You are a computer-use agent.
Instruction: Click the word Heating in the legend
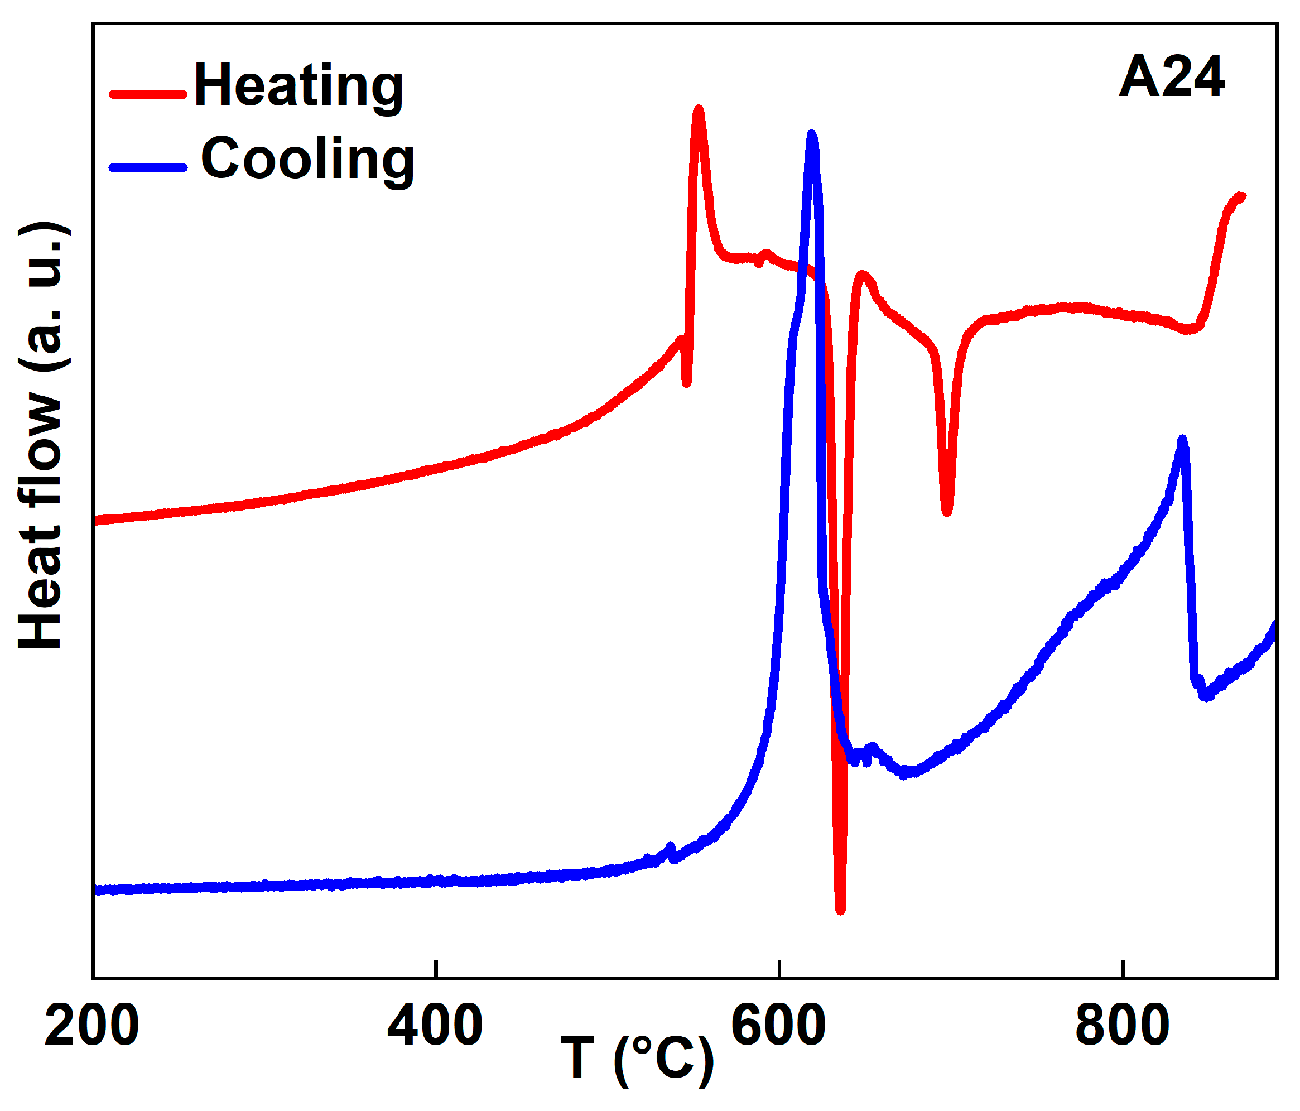[x=298, y=86]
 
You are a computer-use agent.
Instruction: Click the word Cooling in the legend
[x=307, y=160]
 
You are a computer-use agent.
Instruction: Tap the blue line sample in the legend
[x=148, y=167]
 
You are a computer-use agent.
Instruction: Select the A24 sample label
[x=1171, y=78]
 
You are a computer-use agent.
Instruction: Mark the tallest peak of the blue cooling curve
[x=812, y=136]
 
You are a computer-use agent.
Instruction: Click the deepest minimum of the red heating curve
[x=841, y=909]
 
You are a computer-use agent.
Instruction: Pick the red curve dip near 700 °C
[x=947, y=512]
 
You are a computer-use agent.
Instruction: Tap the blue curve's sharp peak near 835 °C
[x=1183, y=440]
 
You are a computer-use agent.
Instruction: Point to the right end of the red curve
[x=1241, y=196]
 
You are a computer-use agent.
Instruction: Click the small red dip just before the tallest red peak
[x=687, y=382]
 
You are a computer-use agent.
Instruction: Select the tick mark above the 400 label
[x=435, y=969]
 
